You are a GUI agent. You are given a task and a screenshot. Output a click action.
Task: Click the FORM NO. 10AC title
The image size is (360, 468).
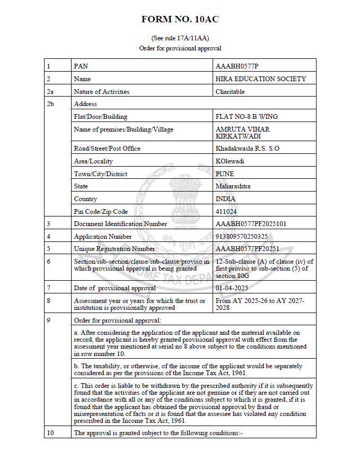180,20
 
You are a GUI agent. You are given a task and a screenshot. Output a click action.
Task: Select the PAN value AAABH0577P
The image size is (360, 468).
237,66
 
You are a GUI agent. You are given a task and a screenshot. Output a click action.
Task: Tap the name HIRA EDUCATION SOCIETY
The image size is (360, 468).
261,79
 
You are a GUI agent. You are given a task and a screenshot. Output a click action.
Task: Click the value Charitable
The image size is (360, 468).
230,92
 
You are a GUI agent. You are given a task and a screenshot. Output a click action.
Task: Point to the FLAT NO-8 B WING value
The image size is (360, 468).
247,117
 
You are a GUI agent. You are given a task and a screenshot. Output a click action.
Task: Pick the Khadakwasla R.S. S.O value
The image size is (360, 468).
247,149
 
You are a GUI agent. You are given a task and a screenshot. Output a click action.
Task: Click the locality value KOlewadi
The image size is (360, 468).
230,161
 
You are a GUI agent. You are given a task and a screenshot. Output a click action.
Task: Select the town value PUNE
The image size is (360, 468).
225,174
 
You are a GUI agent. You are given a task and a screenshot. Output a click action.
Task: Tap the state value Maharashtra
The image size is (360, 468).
233,186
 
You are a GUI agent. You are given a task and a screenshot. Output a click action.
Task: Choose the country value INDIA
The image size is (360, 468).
226,199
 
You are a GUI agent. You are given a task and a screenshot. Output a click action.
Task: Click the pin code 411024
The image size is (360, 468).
226,212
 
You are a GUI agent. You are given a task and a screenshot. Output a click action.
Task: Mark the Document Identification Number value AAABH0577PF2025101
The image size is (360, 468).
251,224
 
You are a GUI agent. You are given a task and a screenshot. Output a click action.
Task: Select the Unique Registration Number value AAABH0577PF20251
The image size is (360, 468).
248,249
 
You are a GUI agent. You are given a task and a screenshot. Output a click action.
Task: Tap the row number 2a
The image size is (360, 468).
50,92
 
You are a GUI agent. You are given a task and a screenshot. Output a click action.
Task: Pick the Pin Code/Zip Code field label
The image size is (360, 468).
101,212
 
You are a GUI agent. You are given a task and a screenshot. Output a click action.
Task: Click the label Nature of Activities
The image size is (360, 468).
102,92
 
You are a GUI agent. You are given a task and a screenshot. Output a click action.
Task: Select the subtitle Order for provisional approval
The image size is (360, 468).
180,48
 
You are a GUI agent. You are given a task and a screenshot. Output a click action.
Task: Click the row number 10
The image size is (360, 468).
50,433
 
